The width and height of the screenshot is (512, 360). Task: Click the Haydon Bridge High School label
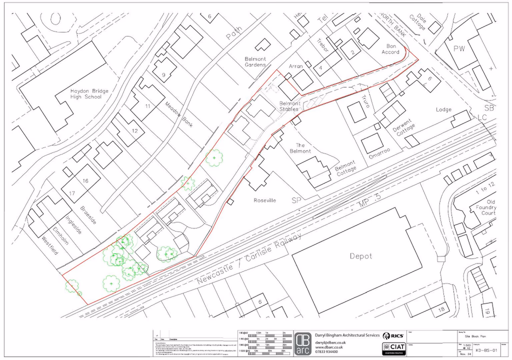coord(89,94)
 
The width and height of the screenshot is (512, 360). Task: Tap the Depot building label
coord(360,256)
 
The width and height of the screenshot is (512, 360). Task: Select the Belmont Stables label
coord(289,106)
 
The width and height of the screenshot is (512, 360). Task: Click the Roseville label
coord(265,200)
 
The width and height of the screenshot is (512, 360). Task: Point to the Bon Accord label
coord(390,49)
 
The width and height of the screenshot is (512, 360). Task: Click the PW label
coord(459,49)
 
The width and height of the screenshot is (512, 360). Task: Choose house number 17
coord(72,192)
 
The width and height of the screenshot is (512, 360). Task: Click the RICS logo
coord(393,336)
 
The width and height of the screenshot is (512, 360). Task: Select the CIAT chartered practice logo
coord(394,348)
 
